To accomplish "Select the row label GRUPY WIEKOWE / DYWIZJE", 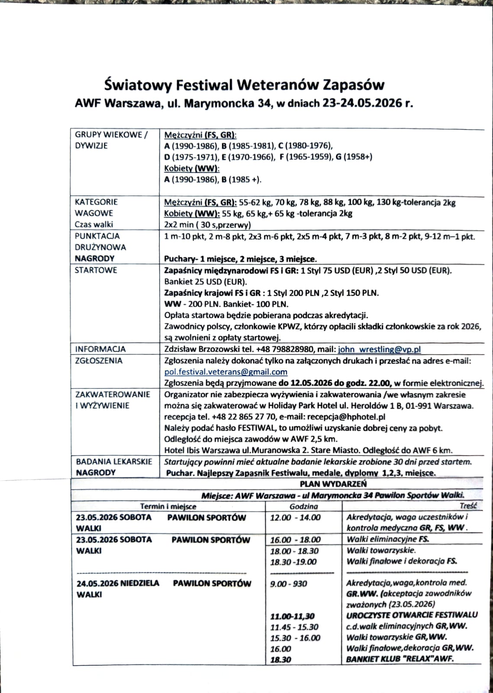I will [111, 140].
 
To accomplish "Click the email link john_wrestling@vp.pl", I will [379, 350].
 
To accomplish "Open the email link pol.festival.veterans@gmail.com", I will [226, 372].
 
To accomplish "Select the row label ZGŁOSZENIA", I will [99, 361].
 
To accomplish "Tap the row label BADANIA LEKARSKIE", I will [114, 462].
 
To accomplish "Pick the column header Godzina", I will [303, 506].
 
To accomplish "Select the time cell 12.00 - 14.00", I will [295, 518].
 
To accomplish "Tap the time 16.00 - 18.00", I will [295, 540].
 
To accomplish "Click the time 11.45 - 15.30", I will [294, 627].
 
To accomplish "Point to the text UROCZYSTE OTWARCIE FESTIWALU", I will [412, 615].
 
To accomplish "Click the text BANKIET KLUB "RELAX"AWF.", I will [402, 660].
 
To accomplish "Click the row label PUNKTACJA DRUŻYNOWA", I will [100, 242].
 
